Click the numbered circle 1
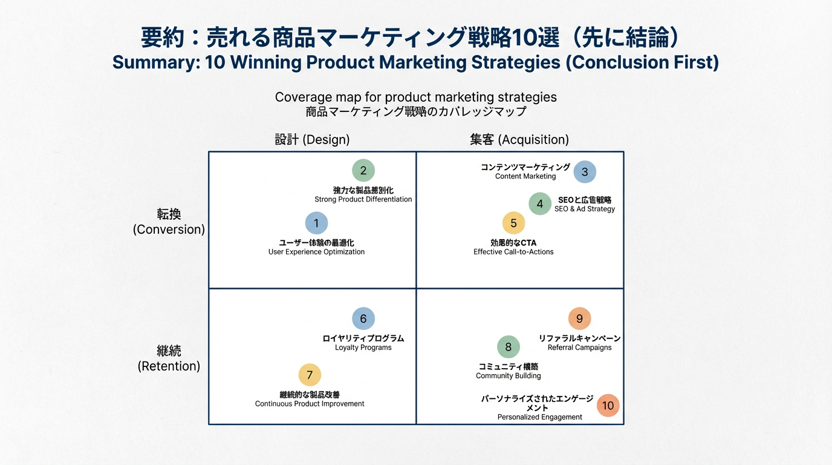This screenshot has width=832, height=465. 316,223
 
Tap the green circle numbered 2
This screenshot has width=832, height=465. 363,171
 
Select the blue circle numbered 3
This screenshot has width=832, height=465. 585,172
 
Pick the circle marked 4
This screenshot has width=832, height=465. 540,204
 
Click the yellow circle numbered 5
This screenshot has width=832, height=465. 513,223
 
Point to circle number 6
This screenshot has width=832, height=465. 363,319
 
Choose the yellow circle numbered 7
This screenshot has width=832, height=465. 310,375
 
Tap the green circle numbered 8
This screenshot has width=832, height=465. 509,347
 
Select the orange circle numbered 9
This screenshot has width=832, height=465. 579,319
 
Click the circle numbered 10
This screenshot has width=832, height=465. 608,406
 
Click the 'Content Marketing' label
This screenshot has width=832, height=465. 525,176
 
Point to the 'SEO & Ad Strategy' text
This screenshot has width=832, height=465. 584,209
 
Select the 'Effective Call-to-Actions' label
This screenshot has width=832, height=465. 513,252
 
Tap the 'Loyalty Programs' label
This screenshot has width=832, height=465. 363,348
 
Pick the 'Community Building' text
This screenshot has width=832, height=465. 509,376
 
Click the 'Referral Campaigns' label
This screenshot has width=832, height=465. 579,348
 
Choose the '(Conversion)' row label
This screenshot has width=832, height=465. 169,229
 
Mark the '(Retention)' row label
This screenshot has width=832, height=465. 169,366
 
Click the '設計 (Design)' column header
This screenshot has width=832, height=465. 312,140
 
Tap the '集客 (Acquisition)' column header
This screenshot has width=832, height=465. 519,140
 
